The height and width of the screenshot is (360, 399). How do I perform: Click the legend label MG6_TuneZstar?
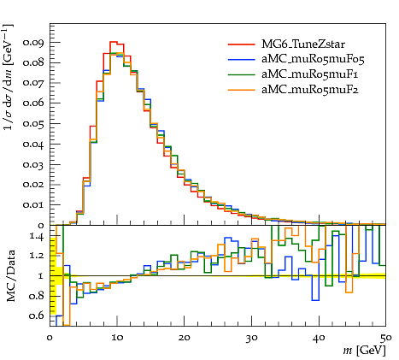pos(303,44)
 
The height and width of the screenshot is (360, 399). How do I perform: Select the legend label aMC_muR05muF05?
pos(313,59)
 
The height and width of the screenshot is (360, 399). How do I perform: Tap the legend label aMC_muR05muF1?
pos(310,74)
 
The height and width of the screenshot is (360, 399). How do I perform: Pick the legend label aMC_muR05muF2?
pos(310,90)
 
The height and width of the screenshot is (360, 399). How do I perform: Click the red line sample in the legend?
pos(242,44)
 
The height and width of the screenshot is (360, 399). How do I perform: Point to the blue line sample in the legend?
pos(242,59)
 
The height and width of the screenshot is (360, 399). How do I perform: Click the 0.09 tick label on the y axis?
pos(33,43)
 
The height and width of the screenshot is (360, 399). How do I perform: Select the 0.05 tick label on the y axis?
pos(33,124)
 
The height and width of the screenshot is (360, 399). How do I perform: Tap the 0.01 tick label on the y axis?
pos(33,205)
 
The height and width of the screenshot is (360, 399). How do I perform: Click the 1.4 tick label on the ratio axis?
pos(37,237)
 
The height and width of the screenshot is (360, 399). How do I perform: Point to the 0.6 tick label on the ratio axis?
pos(37,316)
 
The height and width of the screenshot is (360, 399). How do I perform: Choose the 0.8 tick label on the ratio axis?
pos(37,296)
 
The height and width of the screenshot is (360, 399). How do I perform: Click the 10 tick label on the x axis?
pos(117,338)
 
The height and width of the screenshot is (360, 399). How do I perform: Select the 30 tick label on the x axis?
pos(251,338)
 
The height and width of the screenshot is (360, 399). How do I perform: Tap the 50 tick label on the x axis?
pos(386,338)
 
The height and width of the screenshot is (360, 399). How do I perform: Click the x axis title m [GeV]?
pos(365,351)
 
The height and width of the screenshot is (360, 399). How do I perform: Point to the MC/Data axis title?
pos(10,276)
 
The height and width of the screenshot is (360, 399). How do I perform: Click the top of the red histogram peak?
pos(114,42)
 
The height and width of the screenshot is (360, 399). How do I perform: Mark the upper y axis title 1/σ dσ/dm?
pos(9,77)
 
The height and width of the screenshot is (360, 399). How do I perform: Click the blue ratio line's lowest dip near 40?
pos(315,300)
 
